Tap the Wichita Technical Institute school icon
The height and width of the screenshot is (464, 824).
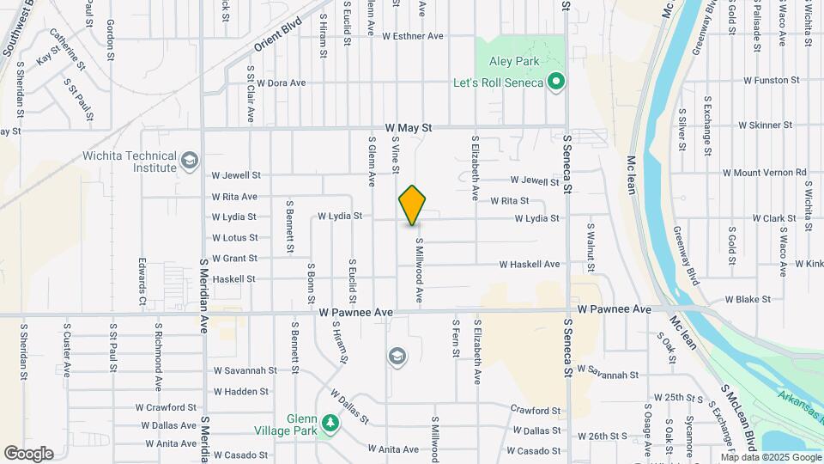tap(189, 161)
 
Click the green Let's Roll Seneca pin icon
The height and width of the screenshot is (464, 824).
tap(556, 82)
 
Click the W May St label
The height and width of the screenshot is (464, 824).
tap(408, 127)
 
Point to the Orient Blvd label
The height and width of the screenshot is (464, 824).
tap(279, 35)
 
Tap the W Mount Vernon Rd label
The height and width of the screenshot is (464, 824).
tap(764, 173)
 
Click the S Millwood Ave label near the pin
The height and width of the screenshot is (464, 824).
tap(420, 270)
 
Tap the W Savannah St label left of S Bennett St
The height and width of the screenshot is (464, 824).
tap(245, 371)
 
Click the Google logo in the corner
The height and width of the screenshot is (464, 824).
tap(28, 453)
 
